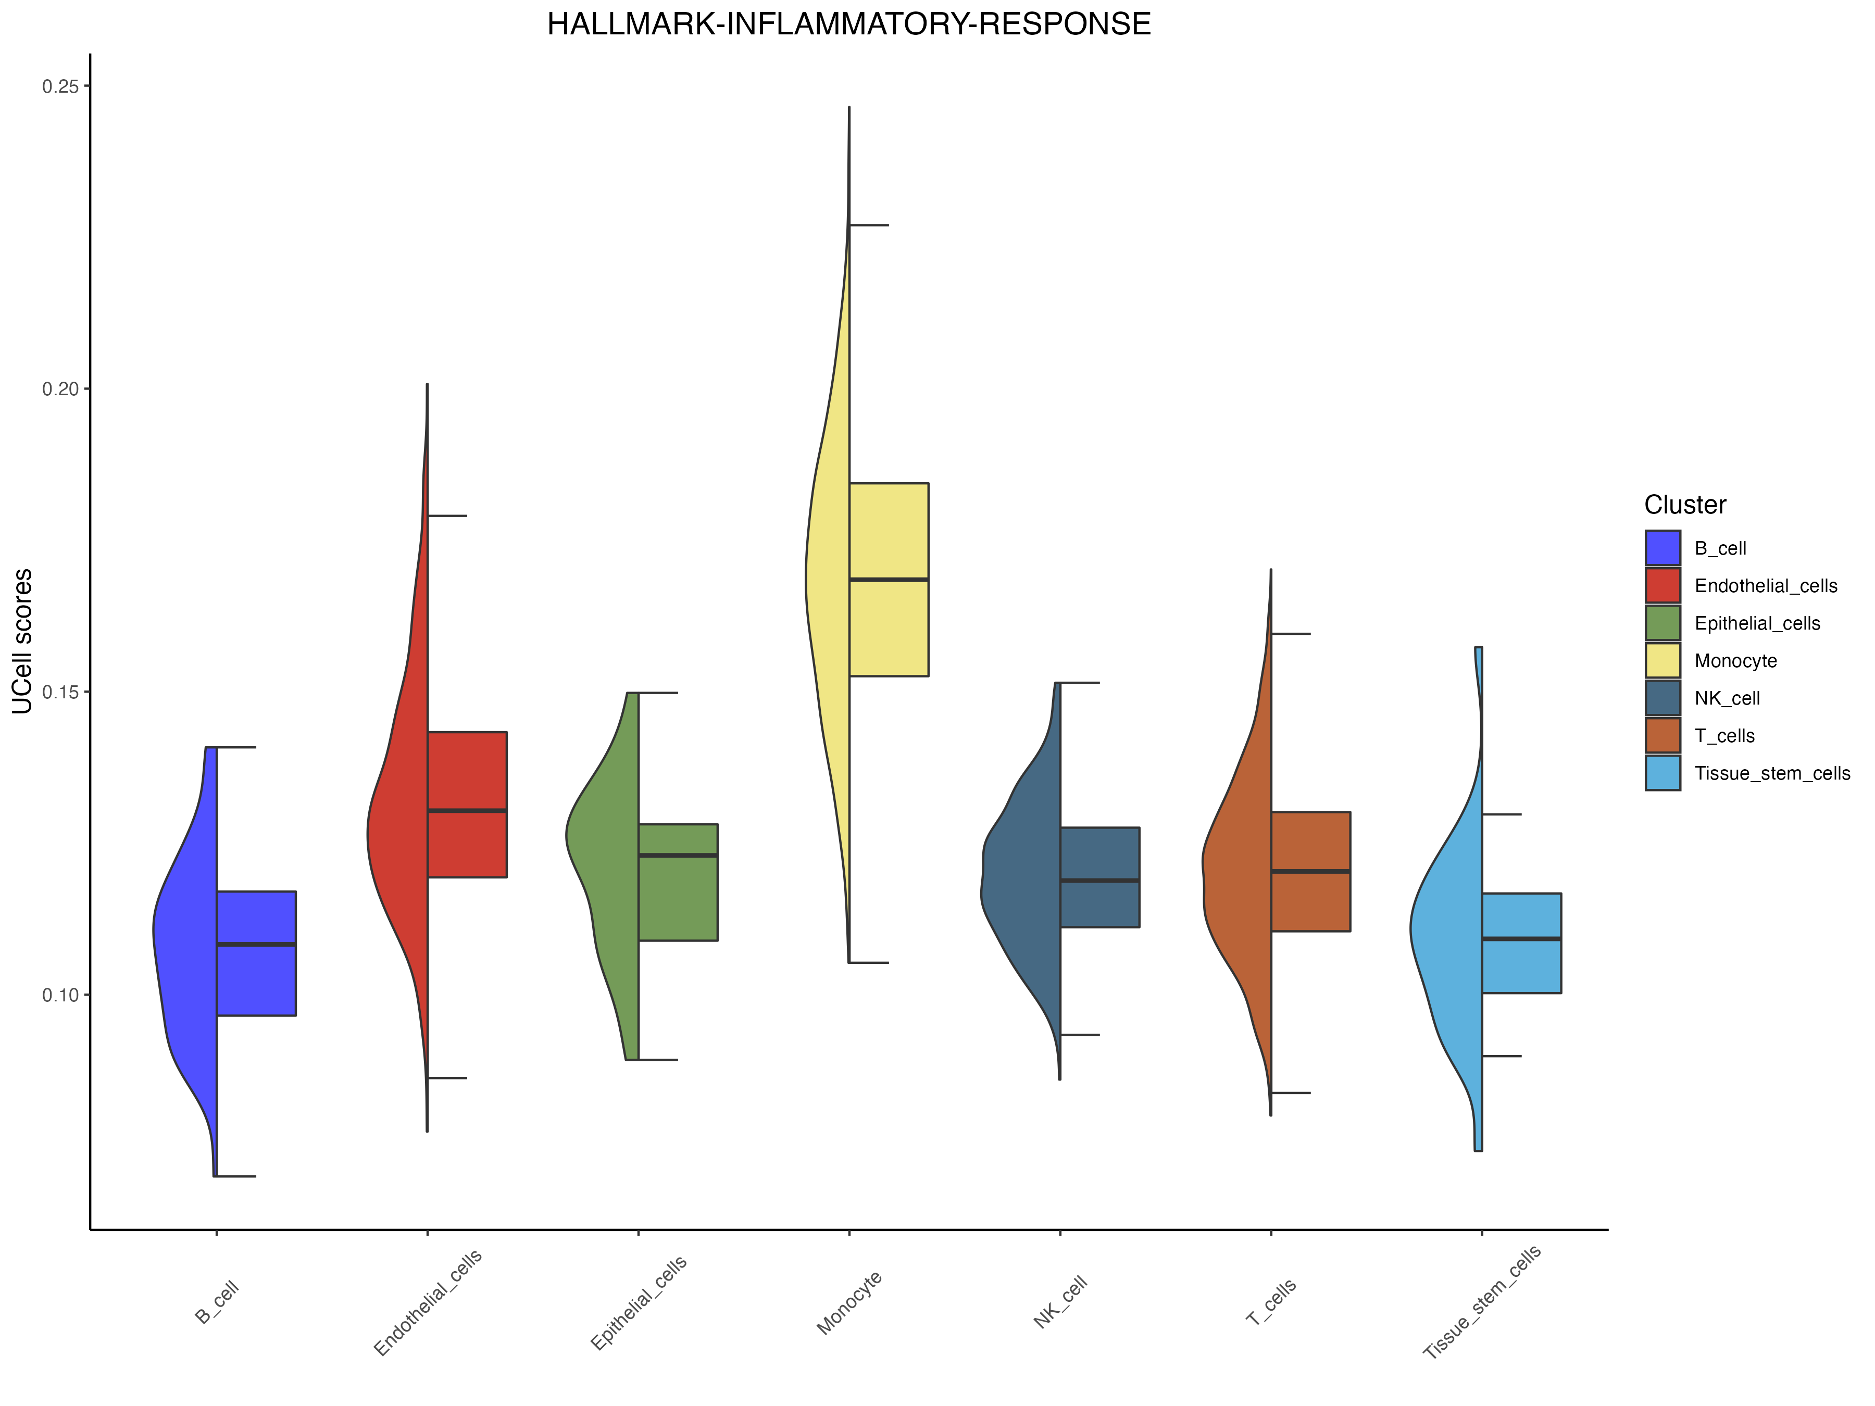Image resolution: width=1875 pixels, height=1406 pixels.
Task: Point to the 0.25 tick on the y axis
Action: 60,86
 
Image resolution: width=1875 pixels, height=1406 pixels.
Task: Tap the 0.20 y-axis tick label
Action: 60,389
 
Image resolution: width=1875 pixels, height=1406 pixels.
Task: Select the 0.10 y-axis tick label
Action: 60,995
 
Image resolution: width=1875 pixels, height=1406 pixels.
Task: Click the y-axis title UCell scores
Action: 23,642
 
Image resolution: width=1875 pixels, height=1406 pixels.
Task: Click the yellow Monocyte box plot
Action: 889,580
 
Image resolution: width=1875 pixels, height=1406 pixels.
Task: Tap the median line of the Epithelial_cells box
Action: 678,855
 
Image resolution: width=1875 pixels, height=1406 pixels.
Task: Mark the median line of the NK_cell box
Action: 1099,881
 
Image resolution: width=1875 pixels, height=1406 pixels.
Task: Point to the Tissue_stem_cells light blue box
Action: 1521,943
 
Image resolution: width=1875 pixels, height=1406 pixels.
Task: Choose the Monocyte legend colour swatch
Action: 1663,661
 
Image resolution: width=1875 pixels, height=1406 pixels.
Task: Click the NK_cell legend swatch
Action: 1663,698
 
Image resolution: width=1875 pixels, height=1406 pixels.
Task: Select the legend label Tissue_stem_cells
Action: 1771,774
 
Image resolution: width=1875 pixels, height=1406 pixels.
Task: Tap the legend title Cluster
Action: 1685,505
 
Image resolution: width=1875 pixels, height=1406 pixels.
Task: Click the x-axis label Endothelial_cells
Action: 428,1302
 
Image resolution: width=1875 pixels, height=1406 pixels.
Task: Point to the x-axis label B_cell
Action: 217,1302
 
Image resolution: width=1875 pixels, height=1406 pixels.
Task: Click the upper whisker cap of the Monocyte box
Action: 868,225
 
